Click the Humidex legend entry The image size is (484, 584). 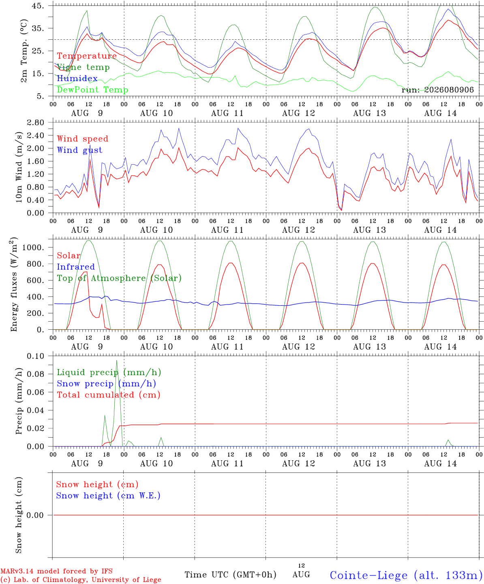click(77, 78)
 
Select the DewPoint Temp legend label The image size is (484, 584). click(92, 90)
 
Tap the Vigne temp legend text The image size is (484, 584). click(84, 67)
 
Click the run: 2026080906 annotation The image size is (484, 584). click(437, 90)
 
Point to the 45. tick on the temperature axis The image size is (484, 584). click(38, 6)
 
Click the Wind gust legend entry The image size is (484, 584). click(80, 150)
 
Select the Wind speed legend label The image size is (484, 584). click(82, 139)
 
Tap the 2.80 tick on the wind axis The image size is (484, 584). click(36, 122)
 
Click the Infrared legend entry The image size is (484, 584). click(76, 267)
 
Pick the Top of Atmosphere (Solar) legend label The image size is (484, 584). click(120, 278)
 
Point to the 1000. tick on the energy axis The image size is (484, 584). click(33, 247)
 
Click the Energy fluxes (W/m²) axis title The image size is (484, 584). click(14, 284)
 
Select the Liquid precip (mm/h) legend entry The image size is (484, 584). click(109, 373)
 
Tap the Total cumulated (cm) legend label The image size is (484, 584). click(109, 395)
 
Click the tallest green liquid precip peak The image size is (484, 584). click(117, 361)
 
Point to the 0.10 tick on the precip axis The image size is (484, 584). click(36, 356)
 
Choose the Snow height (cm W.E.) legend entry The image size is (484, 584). click(108, 496)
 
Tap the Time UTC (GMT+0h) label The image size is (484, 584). click(230, 575)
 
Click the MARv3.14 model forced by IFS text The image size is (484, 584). click(56, 571)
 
